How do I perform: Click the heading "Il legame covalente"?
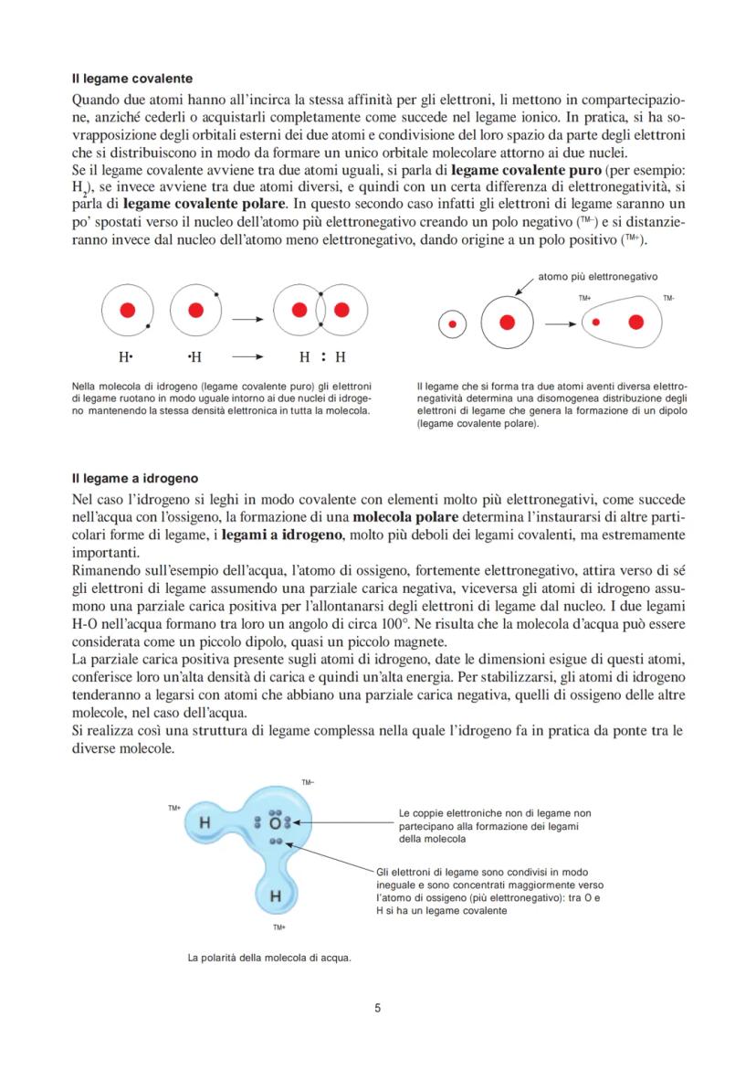(131, 79)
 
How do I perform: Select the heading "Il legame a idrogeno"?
(135, 478)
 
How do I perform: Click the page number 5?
(378, 1009)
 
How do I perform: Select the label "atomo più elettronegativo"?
(597, 276)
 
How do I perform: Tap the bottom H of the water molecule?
(274, 896)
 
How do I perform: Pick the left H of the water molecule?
(205, 822)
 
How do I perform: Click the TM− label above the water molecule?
(308, 782)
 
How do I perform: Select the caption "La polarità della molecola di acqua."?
(269, 958)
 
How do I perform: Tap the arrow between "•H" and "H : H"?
(247, 357)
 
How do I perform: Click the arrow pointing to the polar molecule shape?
(559, 323)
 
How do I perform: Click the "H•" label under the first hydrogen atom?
(125, 357)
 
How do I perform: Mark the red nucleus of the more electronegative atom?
(508, 323)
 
